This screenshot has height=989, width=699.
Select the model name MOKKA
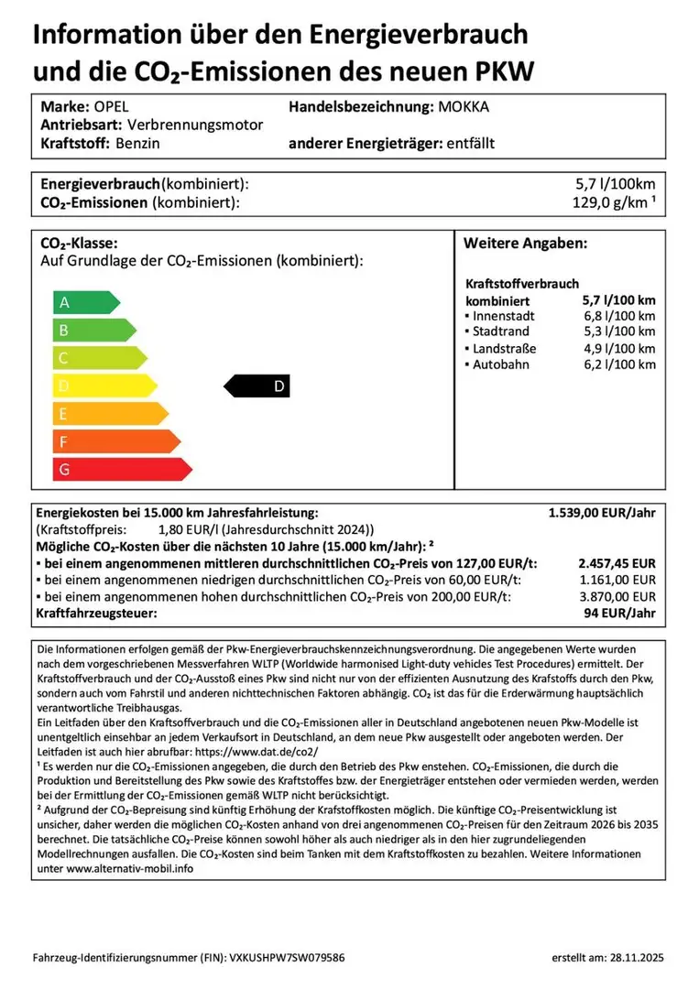(x=464, y=106)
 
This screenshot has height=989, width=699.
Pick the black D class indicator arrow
(x=257, y=386)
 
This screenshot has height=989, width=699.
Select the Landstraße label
(x=504, y=348)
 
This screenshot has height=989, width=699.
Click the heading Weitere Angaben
(x=525, y=245)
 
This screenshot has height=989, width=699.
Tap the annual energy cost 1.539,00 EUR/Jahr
(x=602, y=514)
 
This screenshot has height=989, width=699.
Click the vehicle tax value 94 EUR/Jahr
(x=620, y=613)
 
